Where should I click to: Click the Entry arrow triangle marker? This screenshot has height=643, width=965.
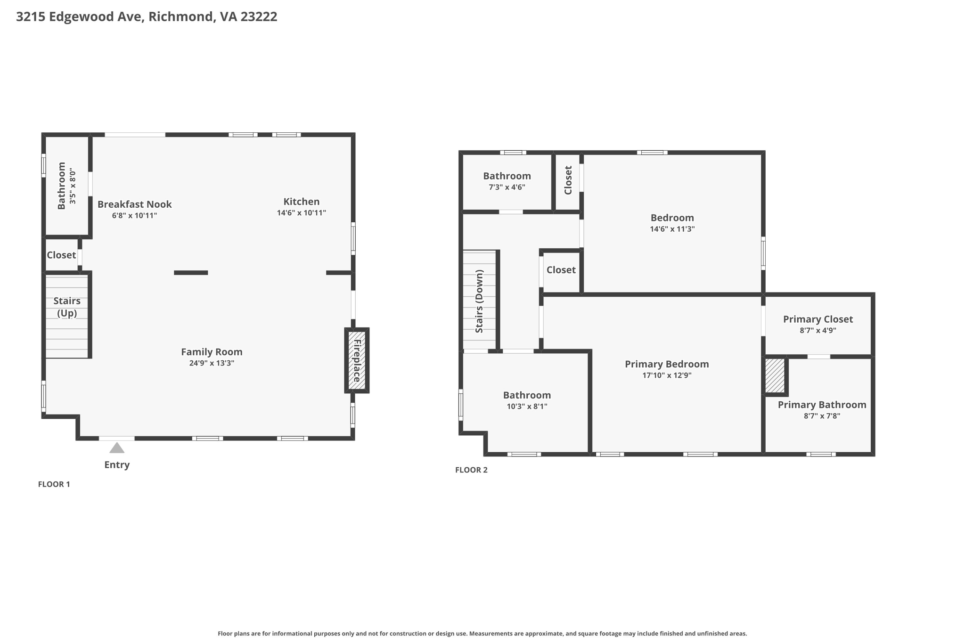click(117, 448)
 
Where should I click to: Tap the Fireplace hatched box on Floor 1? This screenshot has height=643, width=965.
click(357, 360)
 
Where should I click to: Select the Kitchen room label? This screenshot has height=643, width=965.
click(302, 202)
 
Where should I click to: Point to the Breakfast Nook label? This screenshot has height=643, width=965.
click(134, 204)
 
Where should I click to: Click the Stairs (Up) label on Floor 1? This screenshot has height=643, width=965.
click(67, 307)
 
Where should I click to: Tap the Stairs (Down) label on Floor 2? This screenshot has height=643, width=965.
click(479, 301)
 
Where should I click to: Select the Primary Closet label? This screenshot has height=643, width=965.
click(818, 319)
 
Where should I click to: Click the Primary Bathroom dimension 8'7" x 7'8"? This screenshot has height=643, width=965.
click(822, 416)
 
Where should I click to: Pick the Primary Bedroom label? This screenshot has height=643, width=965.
click(666, 364)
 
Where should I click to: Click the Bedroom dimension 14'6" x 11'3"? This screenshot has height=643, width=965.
click(672, 229)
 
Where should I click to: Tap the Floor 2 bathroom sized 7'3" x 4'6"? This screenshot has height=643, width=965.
click(507, 181)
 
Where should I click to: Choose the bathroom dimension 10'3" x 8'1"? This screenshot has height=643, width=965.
click(527, 407)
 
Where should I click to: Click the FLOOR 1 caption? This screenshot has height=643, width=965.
click(54, 484)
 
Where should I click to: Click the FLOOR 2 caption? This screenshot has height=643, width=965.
click(471, 470)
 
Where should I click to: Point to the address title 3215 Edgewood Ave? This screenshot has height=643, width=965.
click(147, 17)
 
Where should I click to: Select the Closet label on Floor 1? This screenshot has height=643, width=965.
click(61, 255)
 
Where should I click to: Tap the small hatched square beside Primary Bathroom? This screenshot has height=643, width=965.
click(774, 375)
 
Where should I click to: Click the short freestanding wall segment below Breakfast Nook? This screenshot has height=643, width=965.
click(191, 273)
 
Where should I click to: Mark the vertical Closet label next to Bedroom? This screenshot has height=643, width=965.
click(568, 180)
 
